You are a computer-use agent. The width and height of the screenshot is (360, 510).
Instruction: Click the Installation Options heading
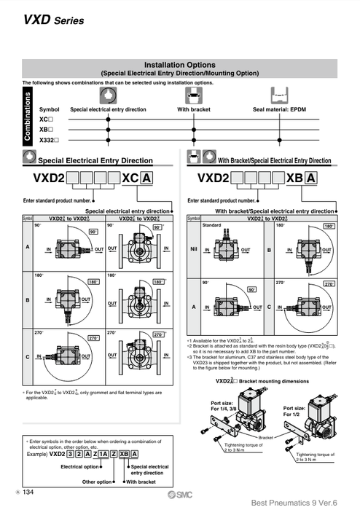pyautogui.click(x=180, y=65)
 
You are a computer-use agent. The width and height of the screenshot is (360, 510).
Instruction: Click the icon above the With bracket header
pyautogui.click(x=194, y=95)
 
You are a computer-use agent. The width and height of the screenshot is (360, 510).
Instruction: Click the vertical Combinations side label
pyautogui.click(x=28, y=117)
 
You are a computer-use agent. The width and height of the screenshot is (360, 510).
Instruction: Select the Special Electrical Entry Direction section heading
pyautogui.click(x=95, y=160)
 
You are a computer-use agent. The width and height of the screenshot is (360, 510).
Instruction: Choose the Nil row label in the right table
pyautogui.click(x=194, y=249)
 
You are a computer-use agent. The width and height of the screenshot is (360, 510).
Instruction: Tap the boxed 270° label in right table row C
pyautogui.click(x=329, y=283)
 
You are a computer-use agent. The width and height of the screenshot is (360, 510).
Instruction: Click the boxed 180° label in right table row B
pyautogui.click(x=329, y=227)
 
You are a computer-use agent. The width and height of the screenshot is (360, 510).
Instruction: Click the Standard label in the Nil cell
pyautogui.click(x=211, y=225)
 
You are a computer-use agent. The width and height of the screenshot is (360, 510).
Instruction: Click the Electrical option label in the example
pyautogui.click(x=79, y=466)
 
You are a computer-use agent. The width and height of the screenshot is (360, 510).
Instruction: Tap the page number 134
pyautogui.click(x=28, y=493)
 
